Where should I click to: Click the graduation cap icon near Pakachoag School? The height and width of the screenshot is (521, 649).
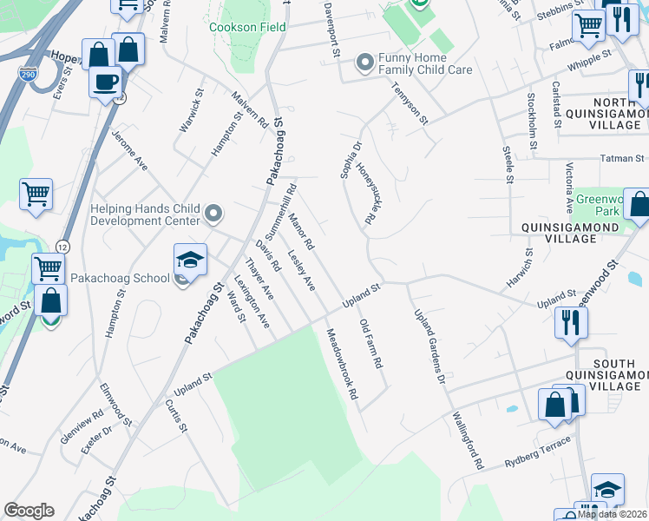click(x=190, y=260)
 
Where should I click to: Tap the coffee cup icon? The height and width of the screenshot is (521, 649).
click(x=106, y=82)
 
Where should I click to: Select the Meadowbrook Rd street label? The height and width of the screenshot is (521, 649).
click(x=342, y=363)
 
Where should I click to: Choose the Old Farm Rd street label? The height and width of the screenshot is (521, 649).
click(x=370, y=344)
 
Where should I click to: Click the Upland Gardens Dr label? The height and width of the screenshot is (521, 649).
click(x=429, y=347)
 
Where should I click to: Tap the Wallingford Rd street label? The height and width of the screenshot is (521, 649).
click(x=466, y=440)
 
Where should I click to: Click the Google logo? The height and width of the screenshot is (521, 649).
click(x=29, y=511)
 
